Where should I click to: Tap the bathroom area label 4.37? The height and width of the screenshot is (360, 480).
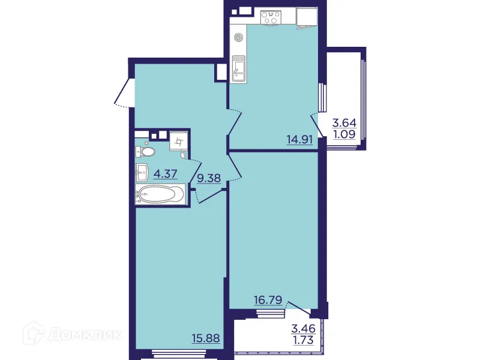pyautogui.click(x=166, y=174)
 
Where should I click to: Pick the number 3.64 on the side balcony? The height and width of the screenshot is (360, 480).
pyautogui.click(x=345, y=123)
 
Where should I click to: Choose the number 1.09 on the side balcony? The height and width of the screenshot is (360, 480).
pyautogui.click(x=345, y=134)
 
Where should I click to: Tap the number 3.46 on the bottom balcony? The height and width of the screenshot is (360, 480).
pyautogui.click(x=304, y=329)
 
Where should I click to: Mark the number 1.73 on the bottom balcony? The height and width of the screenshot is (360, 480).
pyautogui.click(x=304, y=340)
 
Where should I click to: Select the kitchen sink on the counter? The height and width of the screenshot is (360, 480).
pyautogui.click(x=238, y=68)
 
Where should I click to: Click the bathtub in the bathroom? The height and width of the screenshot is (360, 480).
pyautogui.click(x=161, y=194)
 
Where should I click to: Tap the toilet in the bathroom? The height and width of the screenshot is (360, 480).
pyautogui.click(x=146, y=152)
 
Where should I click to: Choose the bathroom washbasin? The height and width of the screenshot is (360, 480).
pyautogui.click(x=143, y=172)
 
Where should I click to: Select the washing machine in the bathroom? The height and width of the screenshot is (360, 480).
pyautogui.click(x=179, y=142)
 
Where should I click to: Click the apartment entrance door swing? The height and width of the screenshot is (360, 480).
pyautogui.click(x=124, y=93)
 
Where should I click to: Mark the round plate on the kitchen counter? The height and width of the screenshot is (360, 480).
pyautogui.click(x=238, y=37)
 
